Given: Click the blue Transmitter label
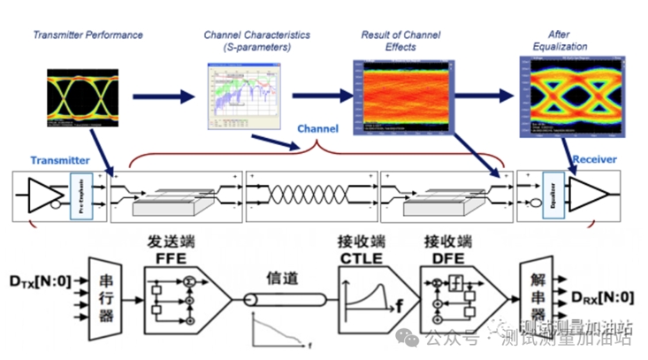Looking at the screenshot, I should pyautogui.click(x=60, y=160).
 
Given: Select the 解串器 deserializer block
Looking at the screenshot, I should pyautogui.click(x=537, y=280).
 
